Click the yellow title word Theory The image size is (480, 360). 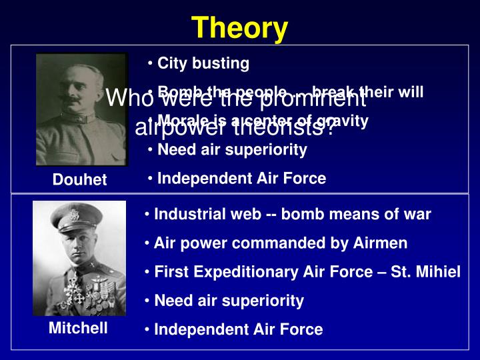click(x=240, y=28)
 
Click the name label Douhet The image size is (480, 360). click(x=80, y=180)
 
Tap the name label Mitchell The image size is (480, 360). click(x=78, y=328)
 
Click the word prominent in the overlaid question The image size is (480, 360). click(x=313, y=99)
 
